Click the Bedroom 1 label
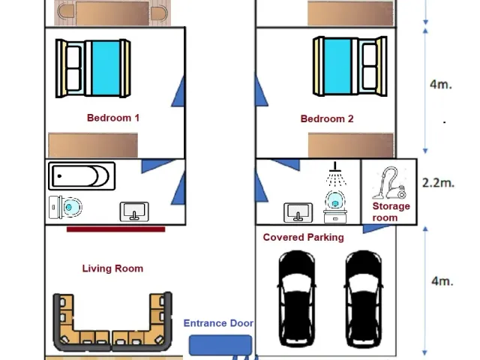[113, 118]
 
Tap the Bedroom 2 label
[327, 118]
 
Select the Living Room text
[112, 268]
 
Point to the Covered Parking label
[303, 237]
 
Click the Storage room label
[391, 211]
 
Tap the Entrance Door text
[218, 323]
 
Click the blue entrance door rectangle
[220, 345]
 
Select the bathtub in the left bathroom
[82, 176]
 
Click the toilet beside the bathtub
[65, 207]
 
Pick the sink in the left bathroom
[134, 211]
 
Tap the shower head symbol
[335, 173]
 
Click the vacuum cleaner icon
[389, 183]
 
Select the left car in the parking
[297, 298]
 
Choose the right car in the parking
[363, 298]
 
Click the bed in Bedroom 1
[93, 68]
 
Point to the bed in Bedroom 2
[350, 66]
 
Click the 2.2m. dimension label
[438, 183]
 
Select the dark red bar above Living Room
[115, 229]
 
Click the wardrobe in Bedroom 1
[93, 145]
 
